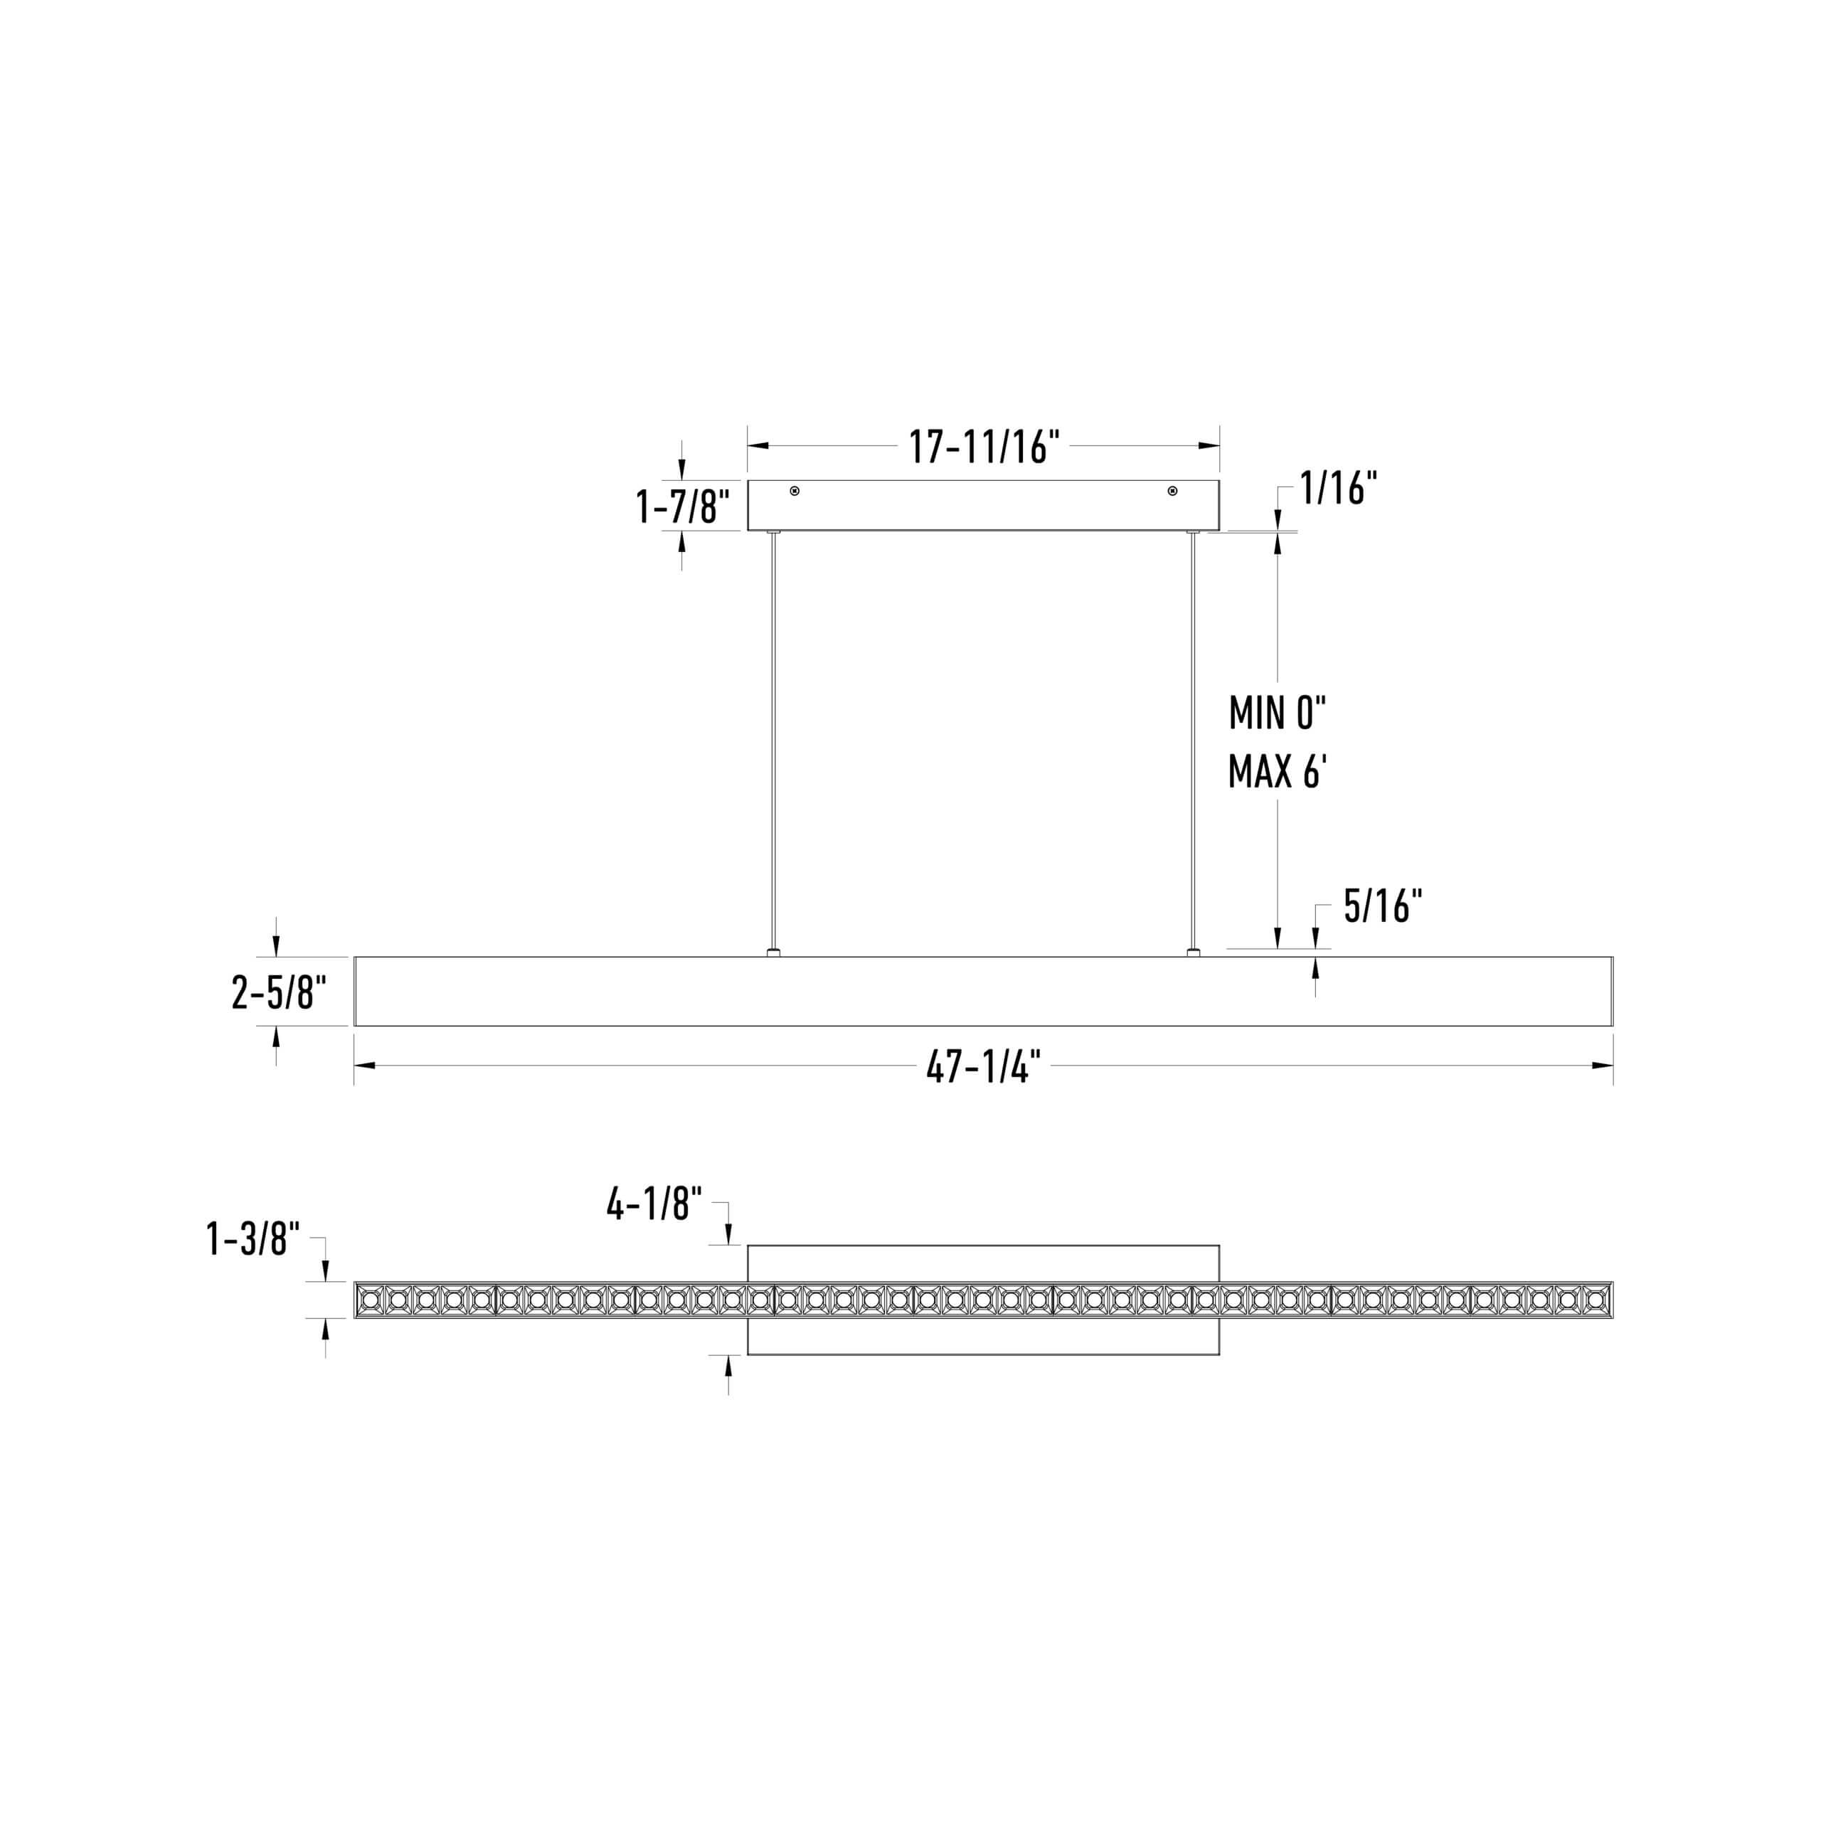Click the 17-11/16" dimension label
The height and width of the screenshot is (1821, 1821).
[x=984, y=446]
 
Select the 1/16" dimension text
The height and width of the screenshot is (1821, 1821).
[x=1339, y=488]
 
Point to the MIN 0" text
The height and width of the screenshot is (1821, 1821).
[x=1277, y=713]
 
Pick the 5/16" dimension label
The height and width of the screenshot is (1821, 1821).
[x=1383, y=907]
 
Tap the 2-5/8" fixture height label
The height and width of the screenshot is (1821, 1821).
[x=279, y=992]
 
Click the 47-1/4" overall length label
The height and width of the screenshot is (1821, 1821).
[x=984, y=1067]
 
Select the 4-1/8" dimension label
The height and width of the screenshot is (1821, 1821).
[x=654, y=1204]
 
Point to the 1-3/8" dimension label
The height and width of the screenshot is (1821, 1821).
[x=253, y=1238]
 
